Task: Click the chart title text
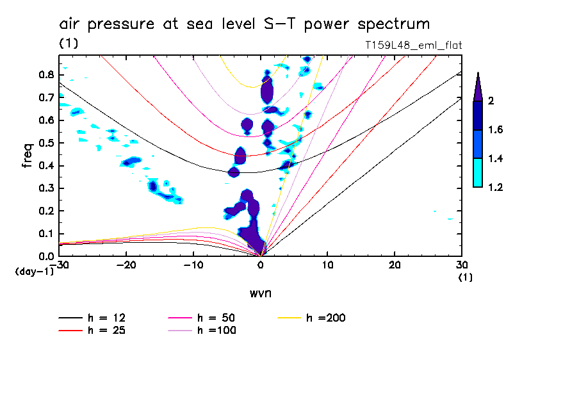(244, 24)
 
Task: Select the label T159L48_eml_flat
(412, 45)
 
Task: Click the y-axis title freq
(28, 155)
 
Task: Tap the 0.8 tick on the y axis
(45, 75)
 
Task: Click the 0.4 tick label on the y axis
(45, 166)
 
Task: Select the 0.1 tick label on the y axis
(45, 234)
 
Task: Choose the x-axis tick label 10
(327, 265)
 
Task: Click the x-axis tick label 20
(395, 265)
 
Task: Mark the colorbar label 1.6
(495, 130)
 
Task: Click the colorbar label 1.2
(495, 187)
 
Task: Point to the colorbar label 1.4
(495, 158)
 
